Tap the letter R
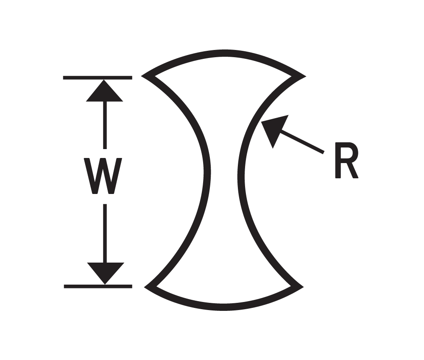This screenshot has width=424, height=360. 346,161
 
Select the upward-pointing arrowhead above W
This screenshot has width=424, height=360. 104,92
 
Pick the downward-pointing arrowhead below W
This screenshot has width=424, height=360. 105,271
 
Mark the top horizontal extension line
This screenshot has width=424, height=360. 98,78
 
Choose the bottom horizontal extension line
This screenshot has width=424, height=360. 98,286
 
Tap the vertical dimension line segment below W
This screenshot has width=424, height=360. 104,233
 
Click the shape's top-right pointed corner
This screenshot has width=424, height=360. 302,76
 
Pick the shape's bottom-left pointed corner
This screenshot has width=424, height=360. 147,287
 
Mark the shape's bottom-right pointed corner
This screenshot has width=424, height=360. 301,287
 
